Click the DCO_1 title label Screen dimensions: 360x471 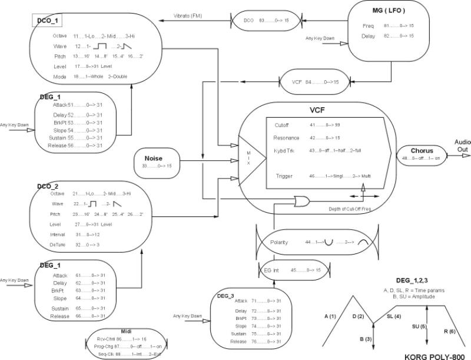48,21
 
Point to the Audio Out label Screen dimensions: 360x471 462,146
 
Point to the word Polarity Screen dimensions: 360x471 278,242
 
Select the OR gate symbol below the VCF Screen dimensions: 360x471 303,202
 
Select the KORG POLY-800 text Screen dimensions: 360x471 436,356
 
